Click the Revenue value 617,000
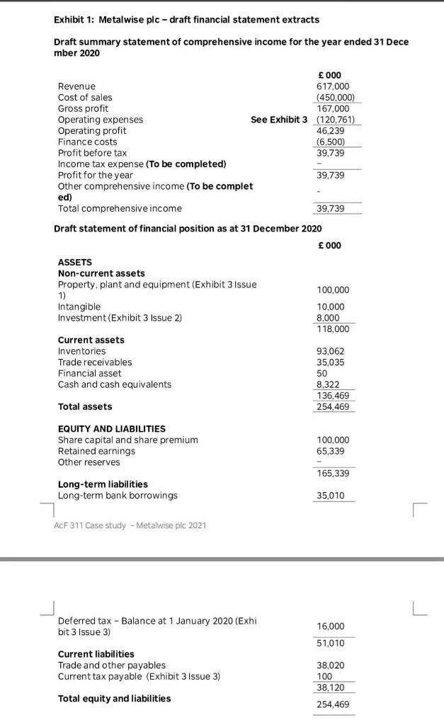tap(332, 86)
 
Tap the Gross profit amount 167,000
tap(332, 108)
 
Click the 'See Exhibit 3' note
tap(279, 120)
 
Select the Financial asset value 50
tap(322, 373)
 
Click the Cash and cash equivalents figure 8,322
tap(329, 384)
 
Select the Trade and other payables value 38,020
tap(331, 666)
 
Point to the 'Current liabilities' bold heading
tap(96, 654)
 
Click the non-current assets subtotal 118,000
tap(332, 329)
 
